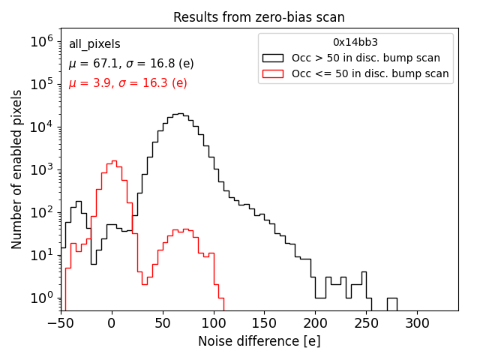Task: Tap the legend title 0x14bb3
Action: coord(355,42)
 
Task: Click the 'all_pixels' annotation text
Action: coord(94,44)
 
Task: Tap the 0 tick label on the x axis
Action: coord(111,322)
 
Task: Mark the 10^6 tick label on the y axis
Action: coord(43,42)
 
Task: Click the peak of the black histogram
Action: coord(178,114)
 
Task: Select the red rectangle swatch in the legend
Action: coord(274,73)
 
